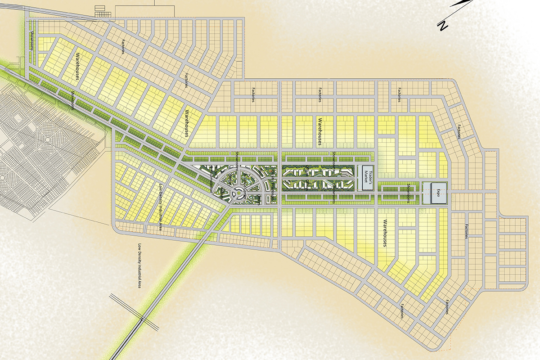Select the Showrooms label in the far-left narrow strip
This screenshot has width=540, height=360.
(x=32, y=39)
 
